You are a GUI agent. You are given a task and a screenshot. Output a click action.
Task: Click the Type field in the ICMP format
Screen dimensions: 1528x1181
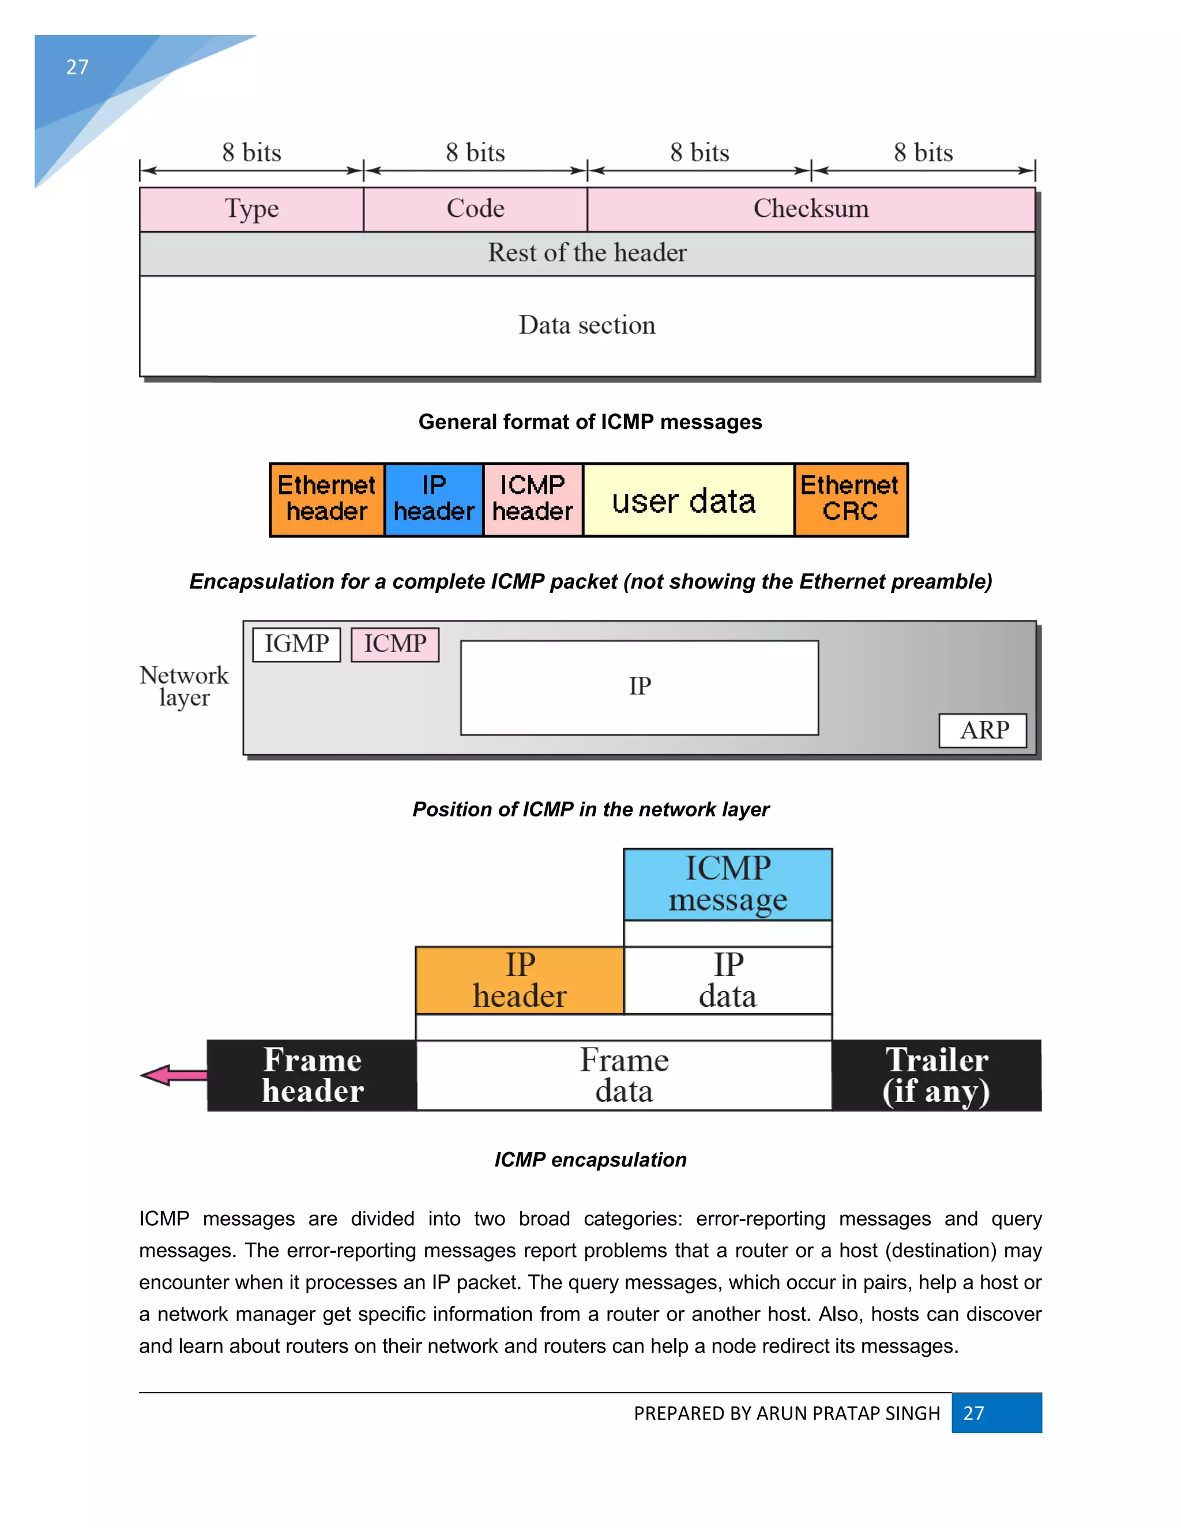point(251,209)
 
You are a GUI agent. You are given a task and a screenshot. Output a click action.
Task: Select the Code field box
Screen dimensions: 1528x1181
point(475,209)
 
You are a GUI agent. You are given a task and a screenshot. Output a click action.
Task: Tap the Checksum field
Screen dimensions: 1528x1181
point(810,209)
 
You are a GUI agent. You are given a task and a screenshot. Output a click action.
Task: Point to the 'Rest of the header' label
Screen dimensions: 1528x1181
point(587,253)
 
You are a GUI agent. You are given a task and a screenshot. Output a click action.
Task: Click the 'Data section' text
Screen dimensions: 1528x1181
point(587,325)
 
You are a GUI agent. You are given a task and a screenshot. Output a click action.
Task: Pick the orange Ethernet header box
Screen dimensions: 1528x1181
point(327,499)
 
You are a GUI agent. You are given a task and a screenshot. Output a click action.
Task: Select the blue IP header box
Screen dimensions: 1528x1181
point(434,499)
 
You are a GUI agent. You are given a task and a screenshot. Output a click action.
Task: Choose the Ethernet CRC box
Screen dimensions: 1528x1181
point(850,499)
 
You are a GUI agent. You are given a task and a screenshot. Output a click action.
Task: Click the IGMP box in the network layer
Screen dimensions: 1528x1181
point(296,643)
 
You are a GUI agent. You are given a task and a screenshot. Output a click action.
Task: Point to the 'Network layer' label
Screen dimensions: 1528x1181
point(184,686)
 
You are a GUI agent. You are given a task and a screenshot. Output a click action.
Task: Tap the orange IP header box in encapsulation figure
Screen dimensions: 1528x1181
point(519,980)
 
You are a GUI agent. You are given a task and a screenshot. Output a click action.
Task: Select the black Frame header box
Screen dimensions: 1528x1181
point(312,1075)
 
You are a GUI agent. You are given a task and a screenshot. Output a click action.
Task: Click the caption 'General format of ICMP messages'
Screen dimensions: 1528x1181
point(590,422)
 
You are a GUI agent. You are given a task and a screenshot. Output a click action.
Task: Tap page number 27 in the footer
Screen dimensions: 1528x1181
point(973,1413)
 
